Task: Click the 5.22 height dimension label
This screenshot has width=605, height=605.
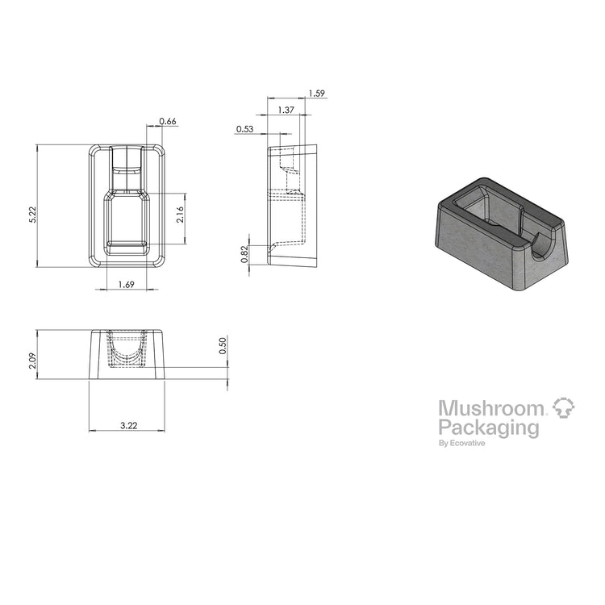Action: pos(33,215)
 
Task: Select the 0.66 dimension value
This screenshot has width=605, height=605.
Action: pos(168,121)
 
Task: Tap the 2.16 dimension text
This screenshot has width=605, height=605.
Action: pos(180,215)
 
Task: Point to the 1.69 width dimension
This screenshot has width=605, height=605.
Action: pos(126,285)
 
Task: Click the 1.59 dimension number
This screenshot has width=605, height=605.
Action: pos(316,94)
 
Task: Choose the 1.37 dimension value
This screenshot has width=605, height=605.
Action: pos(286,110)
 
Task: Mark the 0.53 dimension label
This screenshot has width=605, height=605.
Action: pos(245,129)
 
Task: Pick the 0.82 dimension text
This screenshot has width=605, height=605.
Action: pos(244,254)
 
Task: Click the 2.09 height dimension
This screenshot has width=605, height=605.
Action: pos(33,361)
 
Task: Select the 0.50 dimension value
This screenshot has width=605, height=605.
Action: pos(223,346)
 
